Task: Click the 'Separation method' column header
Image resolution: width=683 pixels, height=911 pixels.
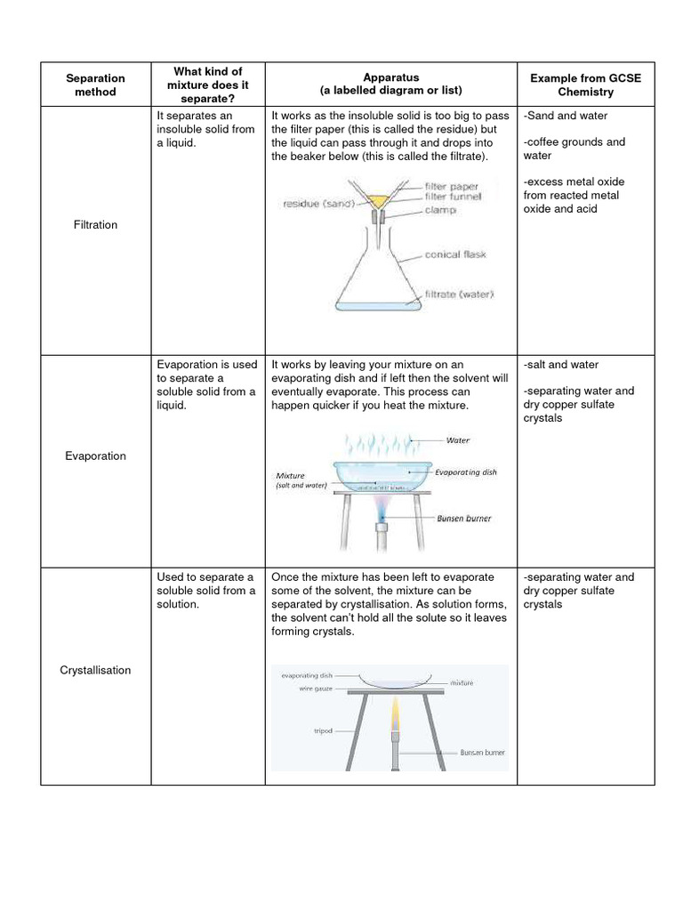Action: tap(95, 85)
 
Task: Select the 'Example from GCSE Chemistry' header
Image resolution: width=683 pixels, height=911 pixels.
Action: tap(585, 85)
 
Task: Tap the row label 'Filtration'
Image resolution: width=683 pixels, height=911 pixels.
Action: tap(95, 225)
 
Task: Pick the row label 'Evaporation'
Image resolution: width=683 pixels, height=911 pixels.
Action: tap(95, 456)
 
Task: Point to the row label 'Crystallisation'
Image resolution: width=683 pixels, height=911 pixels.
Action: tap(95, 670)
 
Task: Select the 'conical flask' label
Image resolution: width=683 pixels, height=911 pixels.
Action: tap(455, 254)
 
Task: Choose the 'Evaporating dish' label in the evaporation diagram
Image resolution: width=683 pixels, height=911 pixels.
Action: tap(466, 472)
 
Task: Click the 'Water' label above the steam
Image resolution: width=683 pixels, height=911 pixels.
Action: tap(458, 440)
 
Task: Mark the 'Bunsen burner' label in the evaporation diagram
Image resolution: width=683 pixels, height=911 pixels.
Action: tap(463, 518)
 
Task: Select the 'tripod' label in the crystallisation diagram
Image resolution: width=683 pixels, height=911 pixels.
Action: tap(322, 731)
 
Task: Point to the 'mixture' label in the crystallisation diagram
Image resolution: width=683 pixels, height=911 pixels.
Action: tap(462, 682)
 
